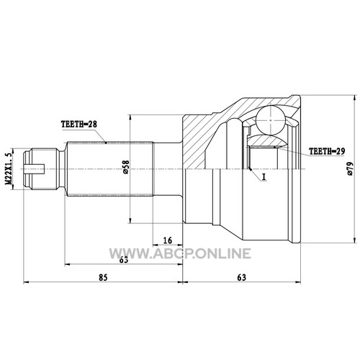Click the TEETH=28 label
pyautogui.click(x=79, y=124)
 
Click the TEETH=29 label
pyautogui.click(x=327, y=151)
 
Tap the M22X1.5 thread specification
pyautogui.click(x=9, y=168)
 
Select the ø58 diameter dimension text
pyautogui.click(x=126, y=167)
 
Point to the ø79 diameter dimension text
pyautogui.click(x=350, y=168)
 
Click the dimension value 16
pyautogui.click(x=168, y=240)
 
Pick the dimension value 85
pyautogui.click(x=103, y=277)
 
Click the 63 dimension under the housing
pyautogui.click(x=242, y=277)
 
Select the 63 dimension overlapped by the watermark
pyautogui.click(x=124, y=259)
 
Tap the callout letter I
pyautogui.click(x=264, y=177)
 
